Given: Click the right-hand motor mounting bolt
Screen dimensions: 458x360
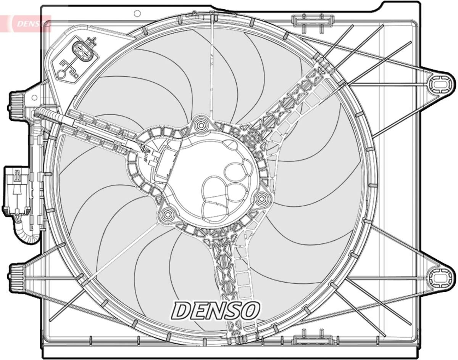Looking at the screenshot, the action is pyautogui.click(x=261, y=198).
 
